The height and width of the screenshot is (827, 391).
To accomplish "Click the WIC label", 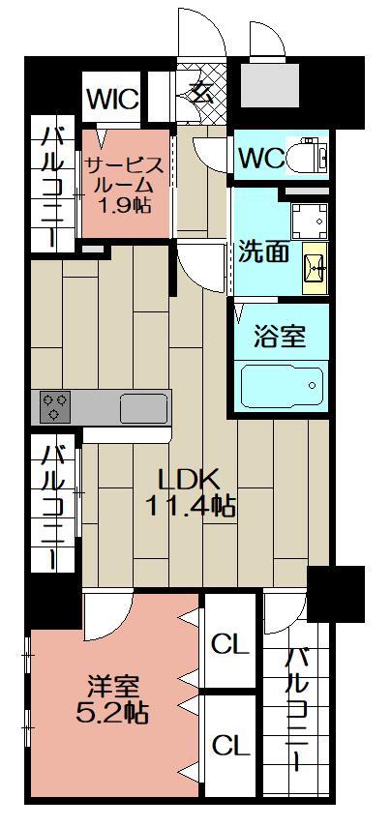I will tap(113, 100).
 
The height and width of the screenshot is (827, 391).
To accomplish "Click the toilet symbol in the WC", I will tap(313, 154).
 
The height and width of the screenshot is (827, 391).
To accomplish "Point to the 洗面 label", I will tap(263, 251).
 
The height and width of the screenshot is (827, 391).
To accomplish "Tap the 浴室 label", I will tap(280, 336).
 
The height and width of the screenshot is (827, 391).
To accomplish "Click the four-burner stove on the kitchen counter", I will tap(54, 405).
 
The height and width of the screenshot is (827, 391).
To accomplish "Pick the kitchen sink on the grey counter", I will tap(143, 407).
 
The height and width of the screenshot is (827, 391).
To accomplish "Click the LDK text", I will tap(191, 478).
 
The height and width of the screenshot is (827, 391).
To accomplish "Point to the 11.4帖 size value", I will tap(191, 504).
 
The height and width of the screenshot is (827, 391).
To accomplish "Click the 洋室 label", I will tap(111, 689).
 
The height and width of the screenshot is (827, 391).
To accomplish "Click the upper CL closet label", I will tap(230, 642).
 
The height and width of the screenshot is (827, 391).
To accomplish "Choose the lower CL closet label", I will tap(230, 745).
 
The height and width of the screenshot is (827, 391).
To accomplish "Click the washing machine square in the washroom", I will tap(309, 221).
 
